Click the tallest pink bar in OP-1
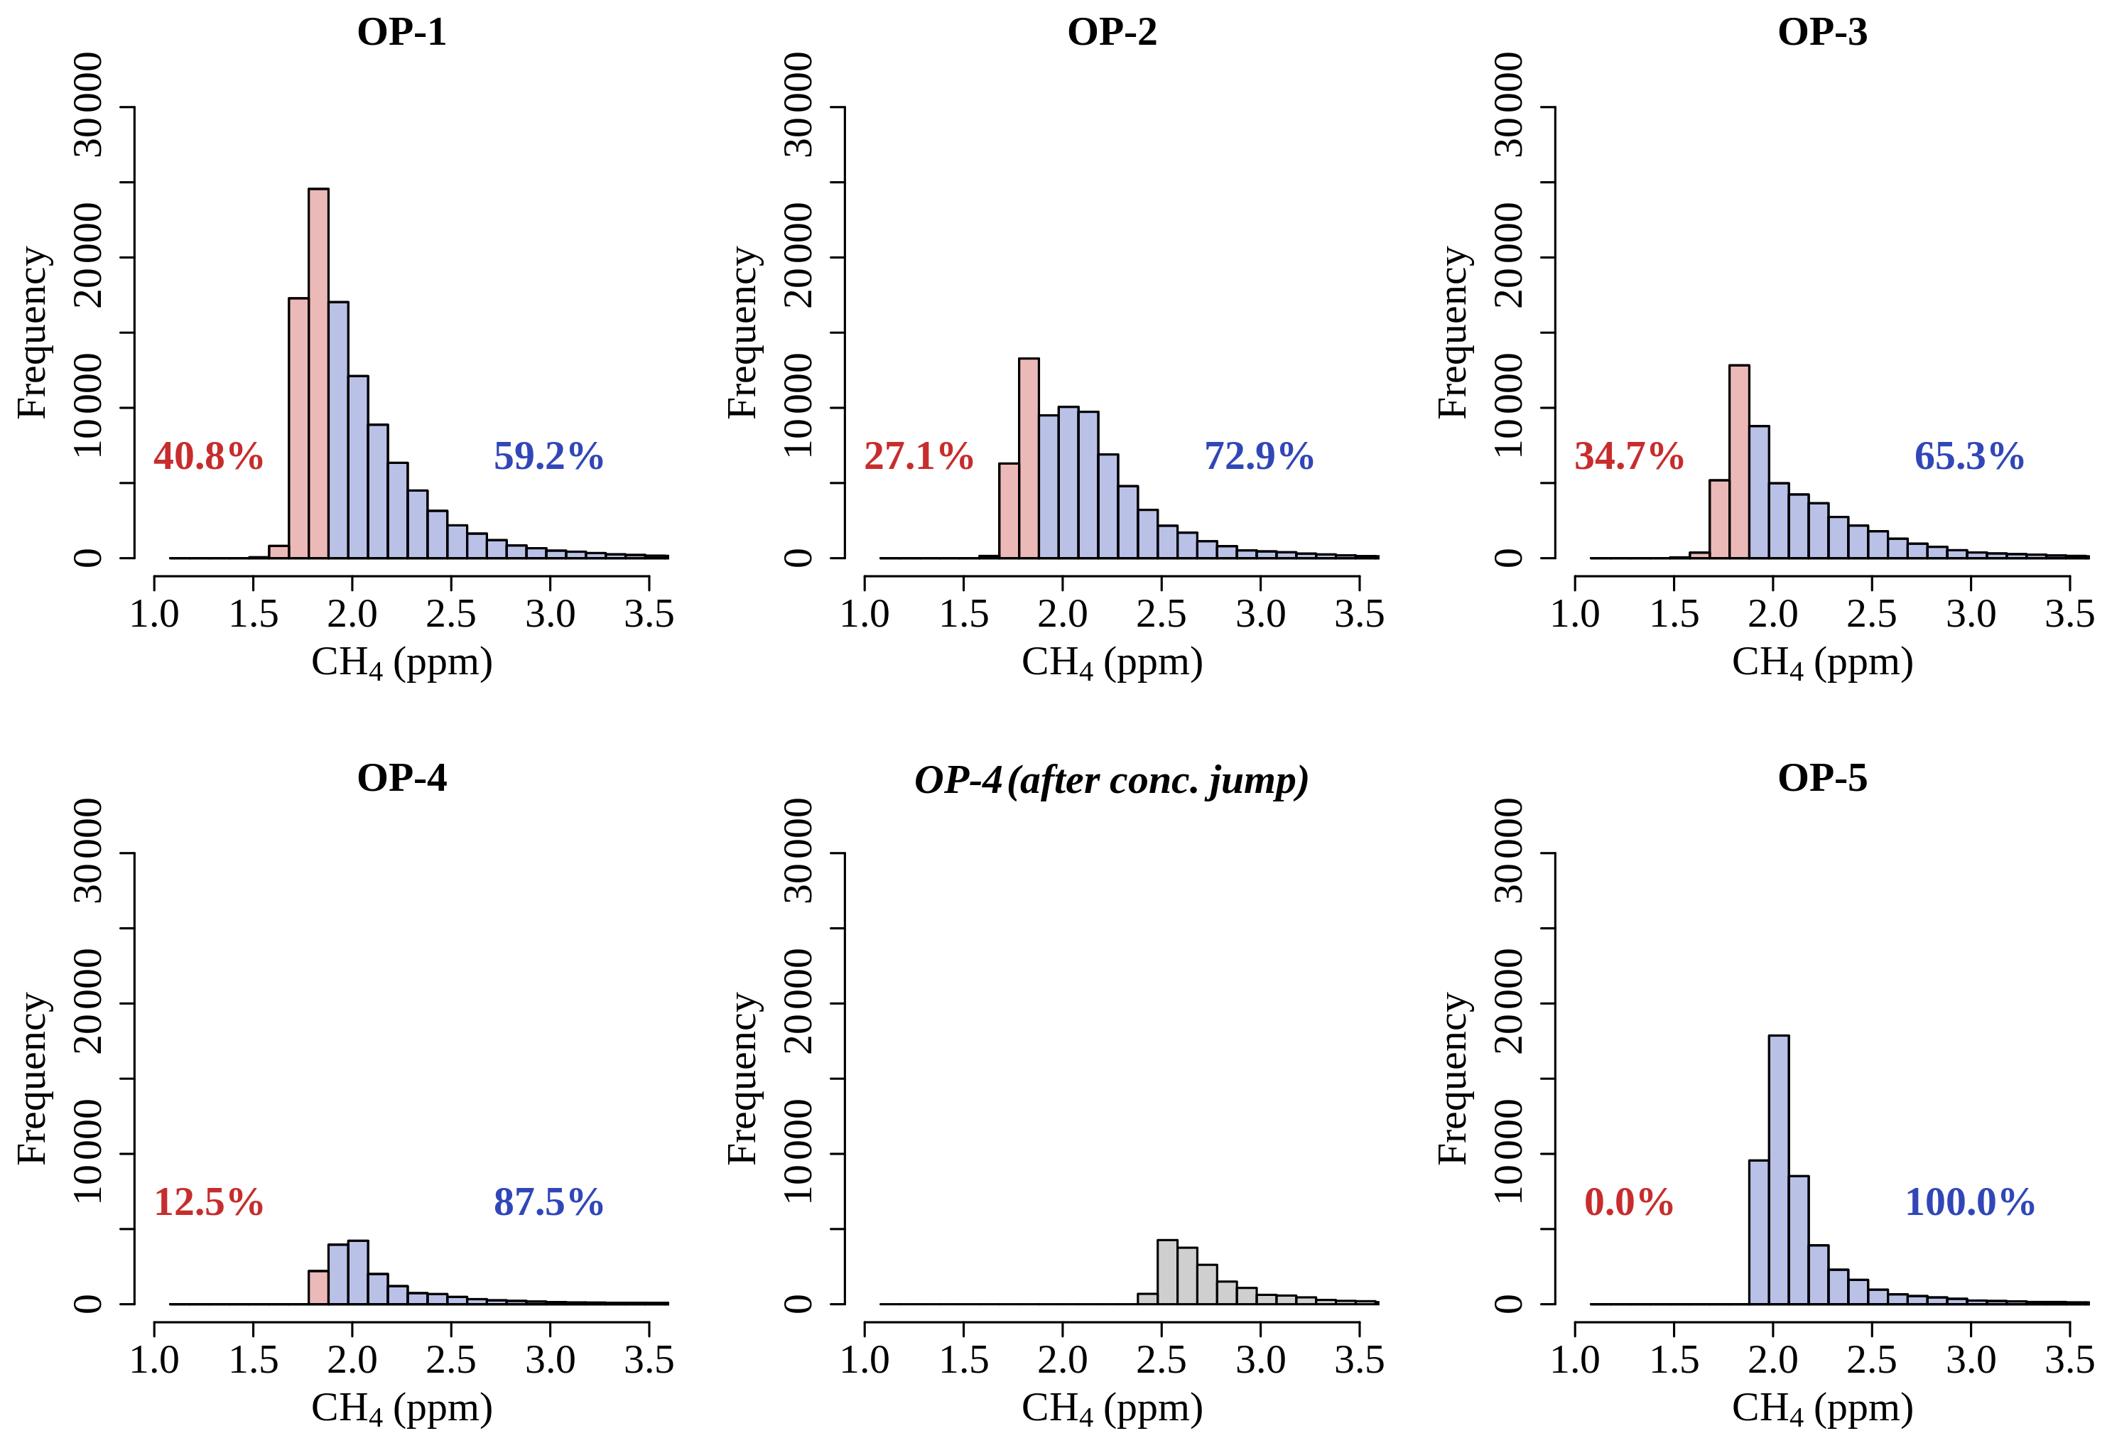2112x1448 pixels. pos(318,373)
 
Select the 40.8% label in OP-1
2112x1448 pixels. pos(208,456)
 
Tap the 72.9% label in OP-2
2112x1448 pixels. pos(1259,456)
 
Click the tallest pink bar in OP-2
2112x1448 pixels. pos(1028,458)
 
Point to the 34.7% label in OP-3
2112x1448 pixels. pos(1628,456)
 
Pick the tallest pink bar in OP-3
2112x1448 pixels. pos(1738,462)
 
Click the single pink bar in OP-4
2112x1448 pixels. pos(318,1287)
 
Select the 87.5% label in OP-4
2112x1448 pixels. pos(548,1203)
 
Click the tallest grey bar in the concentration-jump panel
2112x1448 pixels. pos(1167,1272)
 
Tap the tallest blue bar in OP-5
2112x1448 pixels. pos(1779,1170)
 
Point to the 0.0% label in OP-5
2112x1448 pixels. pos(1628,1203)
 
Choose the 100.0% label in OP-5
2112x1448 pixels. pos(1969,1203)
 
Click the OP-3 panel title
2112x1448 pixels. pos(1822,33)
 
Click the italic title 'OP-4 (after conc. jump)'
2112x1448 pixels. pos(1112,780)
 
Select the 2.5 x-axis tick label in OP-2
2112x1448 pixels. pos(1161,615)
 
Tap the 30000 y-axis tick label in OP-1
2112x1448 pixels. pos(88,105)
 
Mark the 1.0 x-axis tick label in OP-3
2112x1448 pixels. pos(1575,615)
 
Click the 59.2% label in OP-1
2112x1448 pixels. pos(548,456)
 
